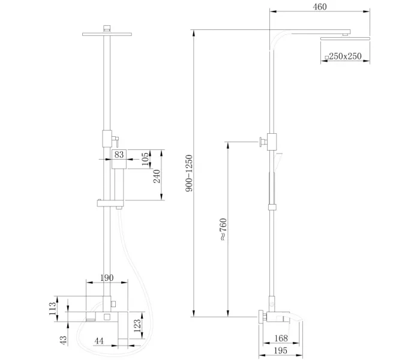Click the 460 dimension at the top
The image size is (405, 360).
coord(320,7)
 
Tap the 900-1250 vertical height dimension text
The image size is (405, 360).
coord(189,173)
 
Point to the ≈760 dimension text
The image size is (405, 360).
coord(223,230)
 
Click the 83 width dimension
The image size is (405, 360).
coord(119,155)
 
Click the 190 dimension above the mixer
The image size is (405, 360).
coord(107,278)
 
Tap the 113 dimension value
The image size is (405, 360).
coord(53,308)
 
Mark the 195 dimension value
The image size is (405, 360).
coord(281,350)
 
